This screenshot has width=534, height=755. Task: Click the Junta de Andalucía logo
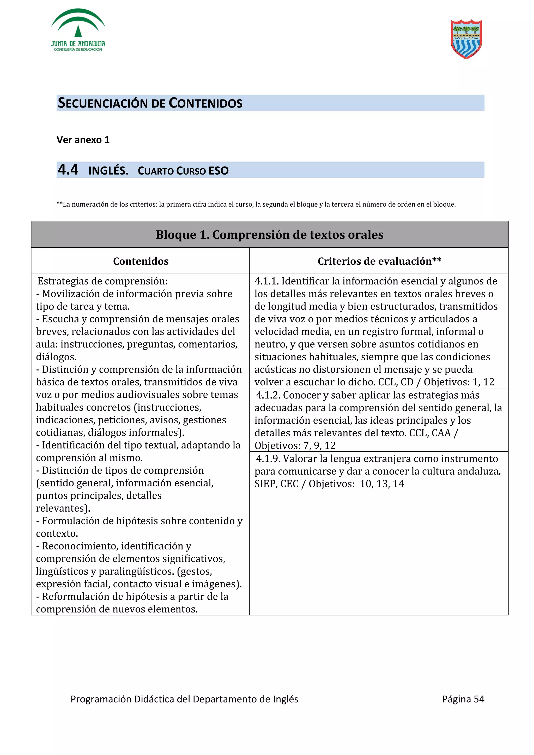coord(78,30)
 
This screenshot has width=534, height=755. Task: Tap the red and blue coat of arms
coord(466,39)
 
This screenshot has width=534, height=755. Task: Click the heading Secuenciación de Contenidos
coord(150,103)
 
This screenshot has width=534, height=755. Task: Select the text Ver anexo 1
coord(83,140)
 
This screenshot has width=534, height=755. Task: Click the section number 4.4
coord(68,170)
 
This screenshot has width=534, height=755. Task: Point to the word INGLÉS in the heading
coord(108,171)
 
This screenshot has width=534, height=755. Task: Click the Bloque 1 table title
coord(269,235)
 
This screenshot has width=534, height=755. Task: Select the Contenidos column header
coord(141,261)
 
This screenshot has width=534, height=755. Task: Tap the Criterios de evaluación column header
coord(379,261)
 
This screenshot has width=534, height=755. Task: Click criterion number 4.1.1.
coord(266,281)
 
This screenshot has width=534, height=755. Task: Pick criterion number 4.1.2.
coord(268,395)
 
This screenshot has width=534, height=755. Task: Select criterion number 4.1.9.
coord(268,459)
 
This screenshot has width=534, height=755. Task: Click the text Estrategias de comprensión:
coord(102,281)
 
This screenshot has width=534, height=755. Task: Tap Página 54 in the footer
coord(463,699)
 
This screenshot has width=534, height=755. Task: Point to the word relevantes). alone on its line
coord(63,508)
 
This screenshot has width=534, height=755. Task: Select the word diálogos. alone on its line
coord(56,357)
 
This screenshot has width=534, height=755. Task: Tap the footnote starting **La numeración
coord(256,204)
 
